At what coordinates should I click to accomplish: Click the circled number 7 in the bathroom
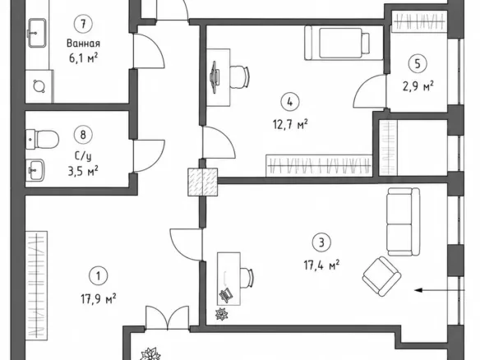83,24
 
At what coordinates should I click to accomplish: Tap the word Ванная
83,44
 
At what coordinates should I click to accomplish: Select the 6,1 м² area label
83,58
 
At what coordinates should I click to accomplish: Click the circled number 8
83,135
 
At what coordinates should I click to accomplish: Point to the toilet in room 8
42,139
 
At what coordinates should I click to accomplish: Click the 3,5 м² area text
83,171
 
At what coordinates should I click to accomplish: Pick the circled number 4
290,102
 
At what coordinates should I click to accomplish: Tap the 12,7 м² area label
290,125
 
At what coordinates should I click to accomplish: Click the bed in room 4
344,43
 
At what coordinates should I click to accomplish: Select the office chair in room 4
239,77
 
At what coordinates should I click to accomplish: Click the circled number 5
418,64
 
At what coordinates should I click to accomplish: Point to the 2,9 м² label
418,86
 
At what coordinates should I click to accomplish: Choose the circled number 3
321,242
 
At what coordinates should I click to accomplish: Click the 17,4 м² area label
321,265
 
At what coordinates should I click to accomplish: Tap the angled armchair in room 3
381,276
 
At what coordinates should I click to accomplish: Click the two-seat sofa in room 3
404,222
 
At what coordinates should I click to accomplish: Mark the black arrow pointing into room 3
440,290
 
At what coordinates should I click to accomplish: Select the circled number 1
99,276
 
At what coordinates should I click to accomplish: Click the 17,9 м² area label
99,298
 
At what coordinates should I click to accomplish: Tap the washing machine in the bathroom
39,86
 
